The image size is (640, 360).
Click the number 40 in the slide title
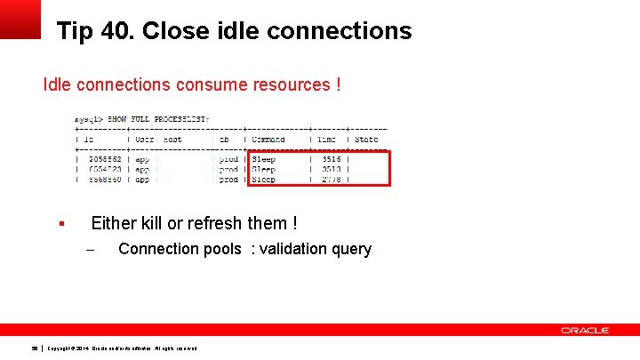pos(113,31)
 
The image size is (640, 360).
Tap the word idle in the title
pos(236,31)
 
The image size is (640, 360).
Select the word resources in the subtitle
pos(290,85)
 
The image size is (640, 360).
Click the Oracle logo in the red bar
pos(585,331)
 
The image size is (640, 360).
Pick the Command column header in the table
pos(268,140)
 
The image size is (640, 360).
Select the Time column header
pos(326,140)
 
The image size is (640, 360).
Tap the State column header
pos(366,140)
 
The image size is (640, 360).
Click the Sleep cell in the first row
pos(263,159)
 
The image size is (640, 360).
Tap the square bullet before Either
pos(61,224)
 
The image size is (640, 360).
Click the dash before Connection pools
pos(89,250)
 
